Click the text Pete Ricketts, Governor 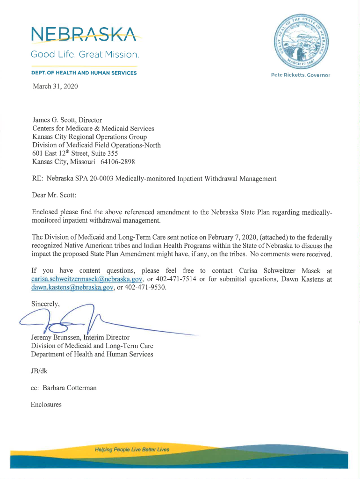click(301, 75)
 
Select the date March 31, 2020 click(55, 87)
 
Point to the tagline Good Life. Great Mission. click(85, 55)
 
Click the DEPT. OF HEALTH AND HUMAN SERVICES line click(84, 73)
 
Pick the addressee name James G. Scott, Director click(67, 120)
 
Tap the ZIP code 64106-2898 click(117, 162)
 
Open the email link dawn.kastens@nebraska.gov click(72, 288)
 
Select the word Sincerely click(45, 304)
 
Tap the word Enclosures click(46, 405)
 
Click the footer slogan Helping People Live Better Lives click(132, 450)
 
